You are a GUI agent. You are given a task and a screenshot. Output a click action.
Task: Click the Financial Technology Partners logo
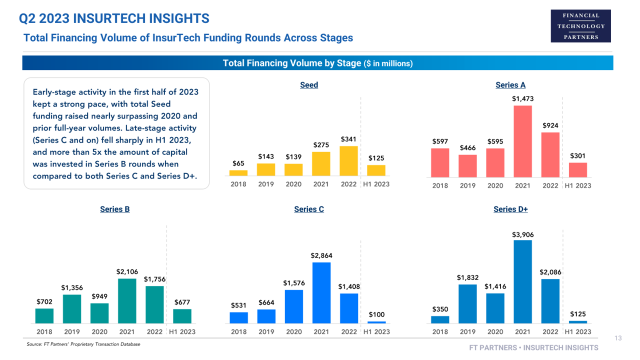point(580,26)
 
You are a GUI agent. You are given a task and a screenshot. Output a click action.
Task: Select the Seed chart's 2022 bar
point(348,161)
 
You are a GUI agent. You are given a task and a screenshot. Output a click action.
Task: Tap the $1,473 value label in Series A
point(522,99)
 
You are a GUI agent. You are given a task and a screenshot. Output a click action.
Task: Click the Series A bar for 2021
point(522,141)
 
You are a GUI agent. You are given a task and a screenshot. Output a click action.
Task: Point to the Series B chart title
point(114,209)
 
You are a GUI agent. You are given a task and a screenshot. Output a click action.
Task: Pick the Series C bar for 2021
point(321,293)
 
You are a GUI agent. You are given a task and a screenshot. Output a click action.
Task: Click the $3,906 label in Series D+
point(522,234)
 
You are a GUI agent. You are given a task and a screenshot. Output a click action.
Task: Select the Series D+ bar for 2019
point(467,304)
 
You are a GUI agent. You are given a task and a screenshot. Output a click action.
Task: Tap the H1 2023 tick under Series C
point(376,332)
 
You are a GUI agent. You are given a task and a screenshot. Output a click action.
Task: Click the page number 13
point(618,338)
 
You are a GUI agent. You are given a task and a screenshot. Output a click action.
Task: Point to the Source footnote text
point(83,344)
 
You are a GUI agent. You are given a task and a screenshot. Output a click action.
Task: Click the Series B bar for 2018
point(44,316)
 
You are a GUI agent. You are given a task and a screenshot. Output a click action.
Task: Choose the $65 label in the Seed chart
point(238,163)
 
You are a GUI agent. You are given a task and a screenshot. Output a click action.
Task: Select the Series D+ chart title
point(510,209)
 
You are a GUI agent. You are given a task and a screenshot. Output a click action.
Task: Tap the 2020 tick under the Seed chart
point(293,184)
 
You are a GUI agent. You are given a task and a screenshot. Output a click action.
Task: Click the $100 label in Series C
point(376,314)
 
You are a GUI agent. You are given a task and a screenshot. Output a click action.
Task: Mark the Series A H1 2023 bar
point(577,170)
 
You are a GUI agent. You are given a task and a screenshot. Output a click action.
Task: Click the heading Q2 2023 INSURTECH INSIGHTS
point(114,19)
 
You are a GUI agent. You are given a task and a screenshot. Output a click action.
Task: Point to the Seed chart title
point(309,85)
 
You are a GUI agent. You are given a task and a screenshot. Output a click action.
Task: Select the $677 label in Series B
point(182,302)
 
